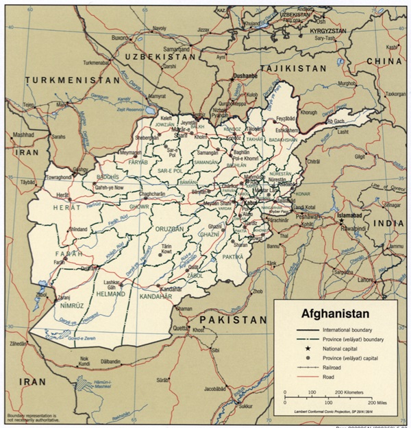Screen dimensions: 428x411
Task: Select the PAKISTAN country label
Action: (233, 320)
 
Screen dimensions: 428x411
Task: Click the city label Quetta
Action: (179, 328)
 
